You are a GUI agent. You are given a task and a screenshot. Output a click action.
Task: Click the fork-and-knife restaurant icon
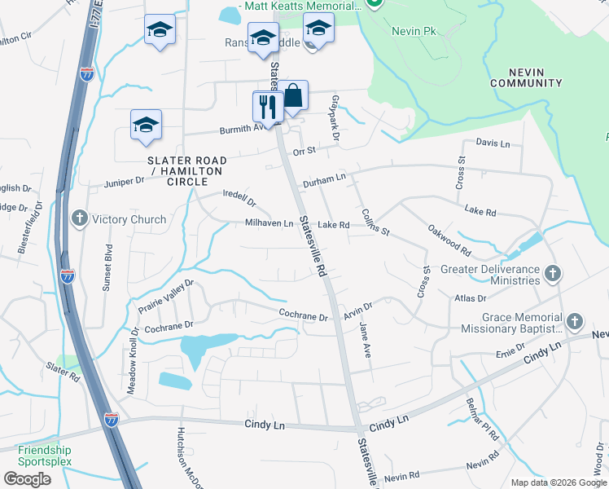click(x=266, y=105)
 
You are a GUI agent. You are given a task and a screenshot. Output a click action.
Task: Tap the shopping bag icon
click(x=293, y=95)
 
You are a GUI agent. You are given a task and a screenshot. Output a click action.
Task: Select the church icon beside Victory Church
click(x=79, y=218)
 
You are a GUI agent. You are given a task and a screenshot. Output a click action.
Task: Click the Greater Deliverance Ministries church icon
click(x=552, y=274)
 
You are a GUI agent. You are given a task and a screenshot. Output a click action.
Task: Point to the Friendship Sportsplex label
click(x=45, y=456)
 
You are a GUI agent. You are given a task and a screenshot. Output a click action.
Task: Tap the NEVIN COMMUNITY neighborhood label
click(x=525, y=77)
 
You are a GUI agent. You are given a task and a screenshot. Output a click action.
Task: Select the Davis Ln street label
click(x=493, y=143)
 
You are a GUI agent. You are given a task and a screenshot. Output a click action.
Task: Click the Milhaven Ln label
click(x=269, y=223)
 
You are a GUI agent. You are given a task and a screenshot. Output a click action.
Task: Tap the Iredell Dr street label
click(x=239, y=197)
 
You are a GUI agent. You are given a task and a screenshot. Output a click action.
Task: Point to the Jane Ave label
click(x=366, y=341)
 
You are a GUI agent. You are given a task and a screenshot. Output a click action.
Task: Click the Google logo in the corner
click(x=28, y=479)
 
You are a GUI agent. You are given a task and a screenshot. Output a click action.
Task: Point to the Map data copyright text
click(x=558, y=482)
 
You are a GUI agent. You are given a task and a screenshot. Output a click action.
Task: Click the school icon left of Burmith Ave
click(x=147, y=125)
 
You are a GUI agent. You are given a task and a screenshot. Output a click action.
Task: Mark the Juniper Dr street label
click(x=124, y=181)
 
